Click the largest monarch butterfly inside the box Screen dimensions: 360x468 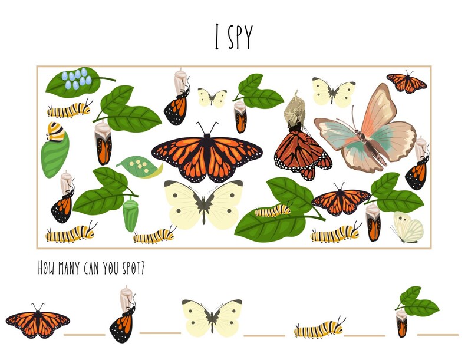click(x=207, y=153)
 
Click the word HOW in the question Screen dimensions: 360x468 click(x=47, y=268)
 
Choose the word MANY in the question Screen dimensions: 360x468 click(x=71, y=268)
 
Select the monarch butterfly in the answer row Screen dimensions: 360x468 click(x=38, y=322)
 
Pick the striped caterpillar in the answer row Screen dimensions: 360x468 click(x=319, y=328)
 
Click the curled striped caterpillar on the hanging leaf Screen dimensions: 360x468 click(x=56, y=133)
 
